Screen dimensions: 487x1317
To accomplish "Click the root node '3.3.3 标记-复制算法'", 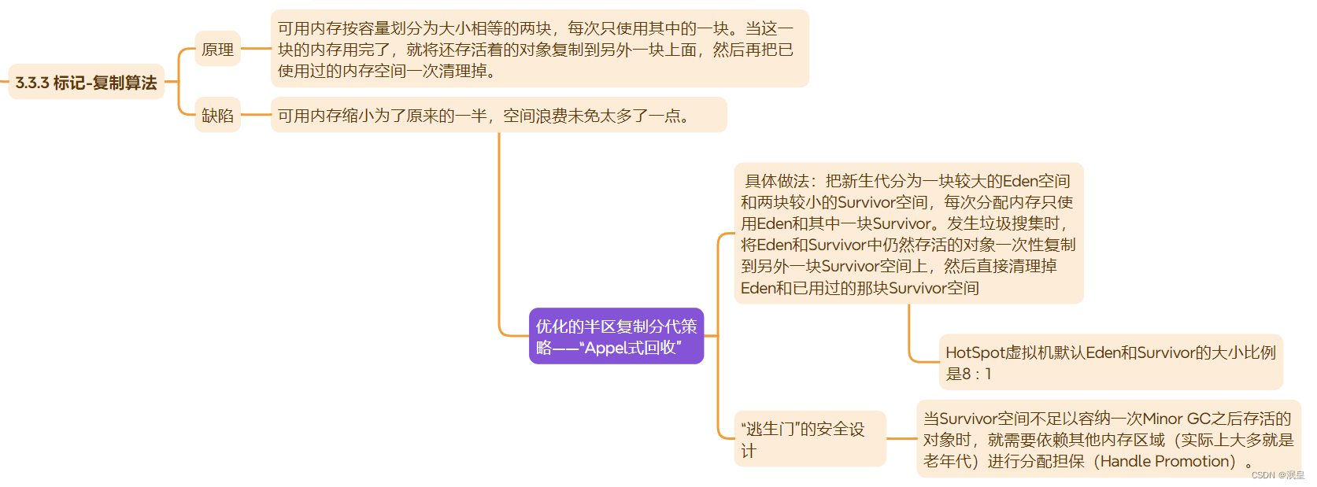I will [86, 83].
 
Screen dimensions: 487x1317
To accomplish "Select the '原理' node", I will [217, 50].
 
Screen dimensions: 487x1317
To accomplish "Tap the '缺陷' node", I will [217, 116].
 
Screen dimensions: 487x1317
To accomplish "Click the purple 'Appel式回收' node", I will [616, 337].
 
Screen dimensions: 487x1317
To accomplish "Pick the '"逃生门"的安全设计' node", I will [809, 439].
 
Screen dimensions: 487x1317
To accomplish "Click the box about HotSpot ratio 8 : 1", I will [1110, 363].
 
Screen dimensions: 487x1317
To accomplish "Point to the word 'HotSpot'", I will [975, 352].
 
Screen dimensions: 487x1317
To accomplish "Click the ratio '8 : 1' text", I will [976, 374].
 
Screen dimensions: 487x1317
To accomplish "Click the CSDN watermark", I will [1277, 475].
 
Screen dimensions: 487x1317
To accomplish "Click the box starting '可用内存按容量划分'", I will [539, 49].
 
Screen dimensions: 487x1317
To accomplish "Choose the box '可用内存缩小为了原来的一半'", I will [498, 116].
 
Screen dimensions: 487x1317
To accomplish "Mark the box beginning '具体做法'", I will [908, 234].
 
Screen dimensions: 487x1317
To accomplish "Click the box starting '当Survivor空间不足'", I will [1108, 439].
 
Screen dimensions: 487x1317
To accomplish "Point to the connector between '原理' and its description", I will [256, 49].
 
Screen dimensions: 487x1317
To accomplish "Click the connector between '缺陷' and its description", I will [256, 116].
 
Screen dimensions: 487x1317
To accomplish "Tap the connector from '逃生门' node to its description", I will [901, 439].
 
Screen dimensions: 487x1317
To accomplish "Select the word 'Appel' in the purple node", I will [605, 348].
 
